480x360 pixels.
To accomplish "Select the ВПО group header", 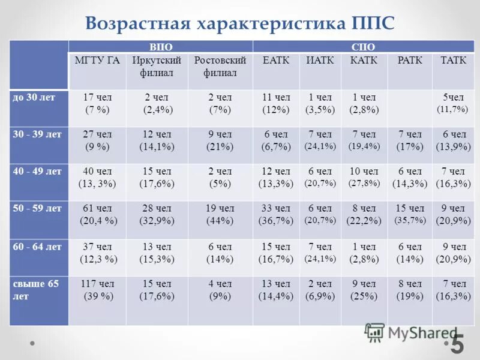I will click(160, 47).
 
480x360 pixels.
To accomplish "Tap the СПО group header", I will click(362, 47).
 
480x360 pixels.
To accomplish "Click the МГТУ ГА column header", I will click(97, 61).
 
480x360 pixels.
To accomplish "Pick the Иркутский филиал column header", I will click(157, 67).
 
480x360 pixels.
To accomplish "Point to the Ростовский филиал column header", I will click(220, 67).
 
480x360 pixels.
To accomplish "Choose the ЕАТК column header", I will click(275, 61).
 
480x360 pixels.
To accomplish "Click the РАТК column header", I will click(410, 61).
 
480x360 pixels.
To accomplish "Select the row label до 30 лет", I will click(34, 97).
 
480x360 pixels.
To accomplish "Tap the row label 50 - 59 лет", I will click(37, 208).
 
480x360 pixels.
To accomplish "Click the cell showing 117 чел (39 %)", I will click(97, 289).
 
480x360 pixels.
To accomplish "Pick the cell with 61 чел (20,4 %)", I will click(97, 214).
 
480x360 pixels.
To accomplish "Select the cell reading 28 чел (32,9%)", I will click(157, 214).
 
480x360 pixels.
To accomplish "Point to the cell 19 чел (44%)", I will click(220, 214).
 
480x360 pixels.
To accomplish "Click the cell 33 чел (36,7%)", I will click(275, 214).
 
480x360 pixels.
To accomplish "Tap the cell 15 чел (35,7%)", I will click(410, 214).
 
